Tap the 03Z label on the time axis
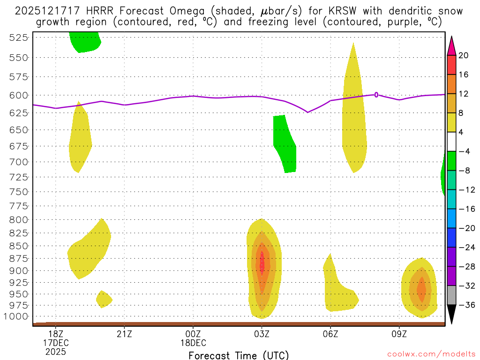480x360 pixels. (262, 334)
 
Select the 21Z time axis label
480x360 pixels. (124, 334)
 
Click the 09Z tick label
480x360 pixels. (399, 334)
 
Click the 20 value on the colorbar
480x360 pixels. (464, 55)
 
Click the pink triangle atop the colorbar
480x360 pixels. (451, 45)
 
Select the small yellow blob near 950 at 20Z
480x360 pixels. (104, 299)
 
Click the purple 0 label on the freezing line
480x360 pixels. (376, 95)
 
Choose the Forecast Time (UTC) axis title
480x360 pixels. (239, 355)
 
